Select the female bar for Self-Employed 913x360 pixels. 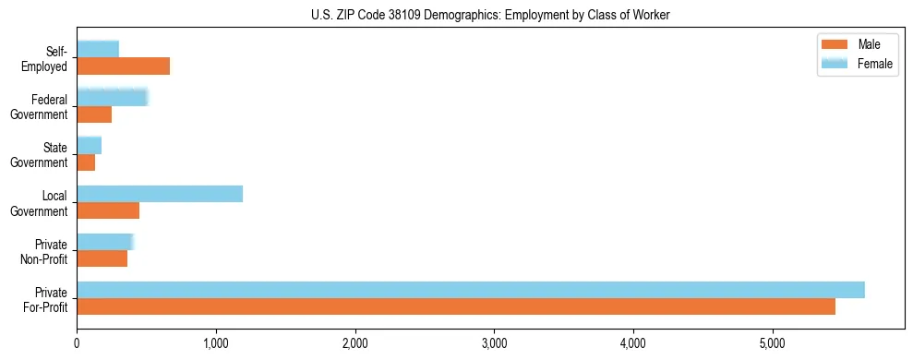[98, 49]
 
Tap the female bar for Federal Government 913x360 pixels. [112, 97]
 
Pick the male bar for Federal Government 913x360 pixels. [94, 114]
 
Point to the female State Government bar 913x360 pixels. [89, 145]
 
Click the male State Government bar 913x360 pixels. [86, 162]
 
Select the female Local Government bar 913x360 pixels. [160, 193]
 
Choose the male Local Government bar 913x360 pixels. [108, 210]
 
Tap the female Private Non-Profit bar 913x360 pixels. [105, 242]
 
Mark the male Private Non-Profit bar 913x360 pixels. [102, 259]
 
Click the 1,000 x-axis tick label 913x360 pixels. [216, 343]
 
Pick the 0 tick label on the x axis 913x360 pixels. [77, 343]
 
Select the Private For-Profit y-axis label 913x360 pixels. [46, 299]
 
